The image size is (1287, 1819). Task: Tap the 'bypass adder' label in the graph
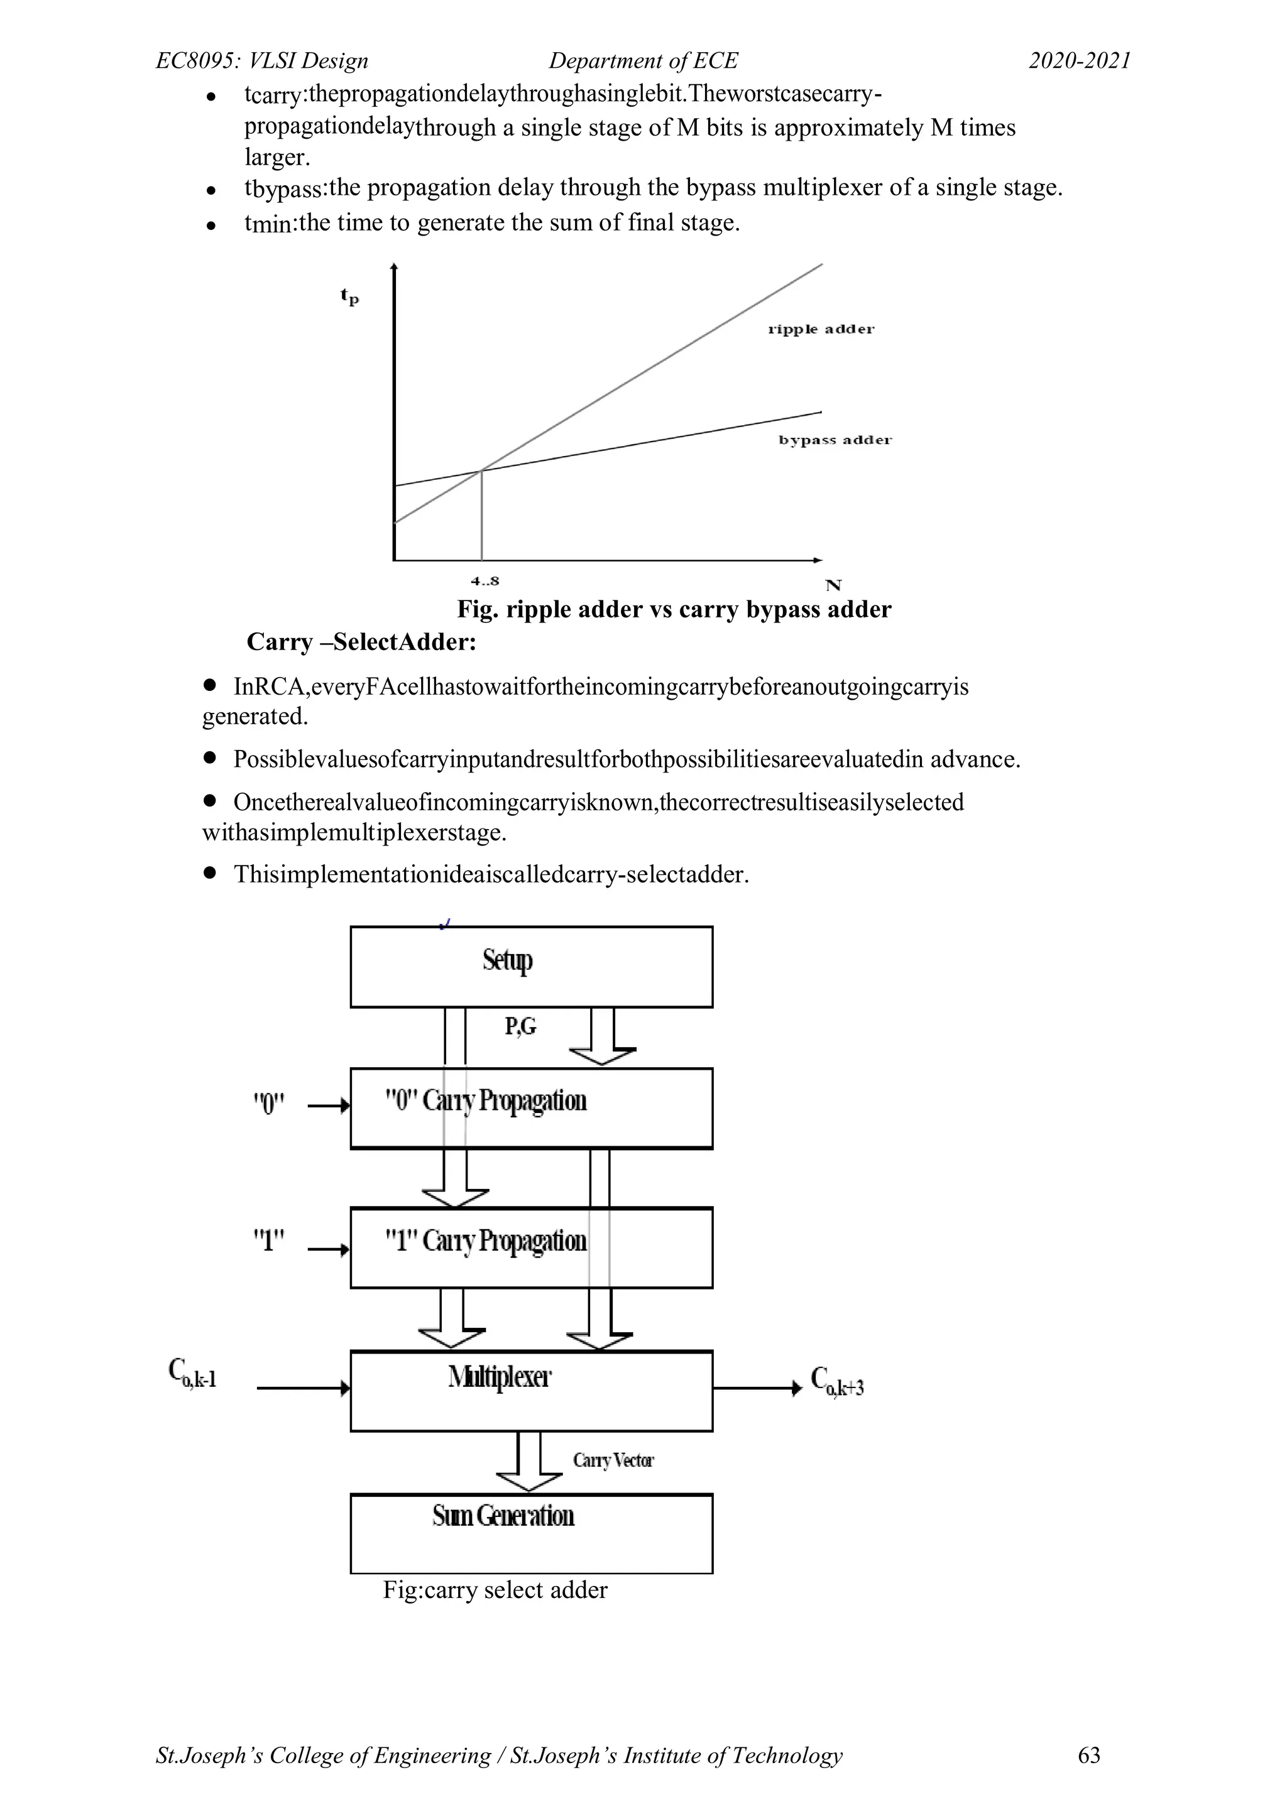[x=835, y=440]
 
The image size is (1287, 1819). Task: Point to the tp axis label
[x=349, y=296]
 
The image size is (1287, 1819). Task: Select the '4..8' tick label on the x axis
[x=485, y=581]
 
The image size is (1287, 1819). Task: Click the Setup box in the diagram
[x=531, y=967]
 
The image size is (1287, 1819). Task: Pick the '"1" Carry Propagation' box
[x=531, y=1248]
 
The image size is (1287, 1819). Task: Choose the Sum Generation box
[x=531, y=1533]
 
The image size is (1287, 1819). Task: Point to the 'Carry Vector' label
[x=613, y=1460]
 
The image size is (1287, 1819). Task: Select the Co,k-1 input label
[x=192, y=1373]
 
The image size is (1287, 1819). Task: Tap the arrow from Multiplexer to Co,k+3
[x=757, y=1388]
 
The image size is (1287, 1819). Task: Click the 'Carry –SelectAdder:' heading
[x=361, y=642]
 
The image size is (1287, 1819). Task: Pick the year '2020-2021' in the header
[x=1080, y=61]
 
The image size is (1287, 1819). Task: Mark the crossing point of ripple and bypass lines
[x=481, y=471]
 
